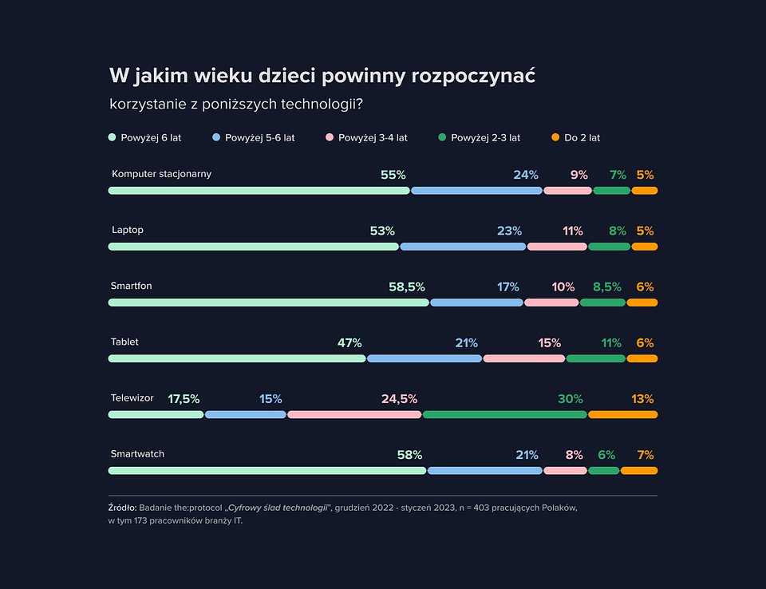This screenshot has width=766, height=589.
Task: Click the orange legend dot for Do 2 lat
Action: click(x=556, y=137)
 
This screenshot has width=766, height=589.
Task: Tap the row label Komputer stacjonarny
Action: click(x=161, y=174)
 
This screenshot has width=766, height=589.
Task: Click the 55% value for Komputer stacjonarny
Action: click(x=393, y=175)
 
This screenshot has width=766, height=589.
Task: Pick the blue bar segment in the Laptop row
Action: click(x=463, y=247)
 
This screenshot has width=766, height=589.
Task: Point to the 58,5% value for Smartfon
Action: click(x=407, y=287)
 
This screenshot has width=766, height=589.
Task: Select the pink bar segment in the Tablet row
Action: click(x=524, y=358)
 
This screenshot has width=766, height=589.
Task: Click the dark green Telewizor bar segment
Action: click(x=505, y=414)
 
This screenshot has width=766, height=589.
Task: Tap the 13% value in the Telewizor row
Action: click(x=642, y=398)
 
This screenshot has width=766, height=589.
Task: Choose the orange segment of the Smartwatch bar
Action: click(x=639, y=470)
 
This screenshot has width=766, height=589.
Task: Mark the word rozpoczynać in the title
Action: click(x=473, y=76)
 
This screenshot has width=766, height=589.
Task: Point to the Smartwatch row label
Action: click(x=137, y=454)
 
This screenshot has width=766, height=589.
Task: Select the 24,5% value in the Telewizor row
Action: click(x=399, y=398)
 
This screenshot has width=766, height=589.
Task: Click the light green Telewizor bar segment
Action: click(x=156, y=414)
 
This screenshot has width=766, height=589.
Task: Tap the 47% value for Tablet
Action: click(x=349, y=342)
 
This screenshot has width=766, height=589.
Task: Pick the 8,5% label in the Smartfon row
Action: click(x=607, y=287)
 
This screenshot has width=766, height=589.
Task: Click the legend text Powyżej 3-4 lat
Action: click(x=373, y=137)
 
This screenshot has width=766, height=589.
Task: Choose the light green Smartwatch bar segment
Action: click(x=267, y=470)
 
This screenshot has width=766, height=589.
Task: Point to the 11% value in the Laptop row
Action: click(x=573, y=231)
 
